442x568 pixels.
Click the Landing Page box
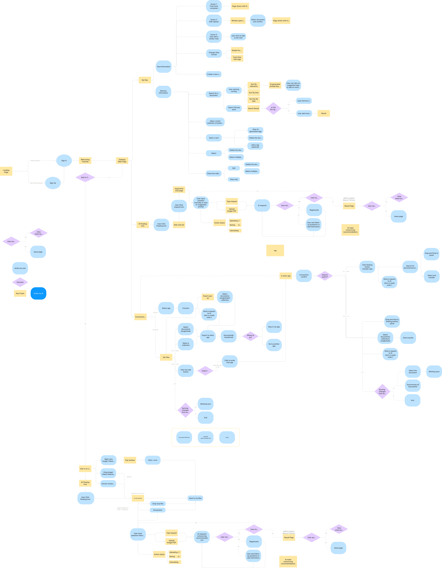coord(6,171)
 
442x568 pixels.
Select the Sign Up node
coord(53,183)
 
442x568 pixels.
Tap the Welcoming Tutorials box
coord(85,160)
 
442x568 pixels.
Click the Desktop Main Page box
coord(122,160)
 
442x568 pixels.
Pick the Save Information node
coord(164,67)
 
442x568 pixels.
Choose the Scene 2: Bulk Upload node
coord(214,21)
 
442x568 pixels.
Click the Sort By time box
coord(253,93)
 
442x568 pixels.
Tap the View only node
coord(234,179)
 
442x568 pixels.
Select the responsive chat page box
coord(179,190)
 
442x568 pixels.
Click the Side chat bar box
coord(179,225)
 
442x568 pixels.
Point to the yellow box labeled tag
coord(275,250)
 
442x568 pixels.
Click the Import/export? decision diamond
coord(325,276)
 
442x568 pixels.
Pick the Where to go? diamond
coord(250,336)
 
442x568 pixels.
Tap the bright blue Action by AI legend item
coord(38,293)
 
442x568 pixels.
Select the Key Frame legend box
coord(20,293)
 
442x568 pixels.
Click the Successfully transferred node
coord(229,336)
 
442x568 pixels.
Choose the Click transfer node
coord(408,338)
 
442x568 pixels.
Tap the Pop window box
coord(130,460)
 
